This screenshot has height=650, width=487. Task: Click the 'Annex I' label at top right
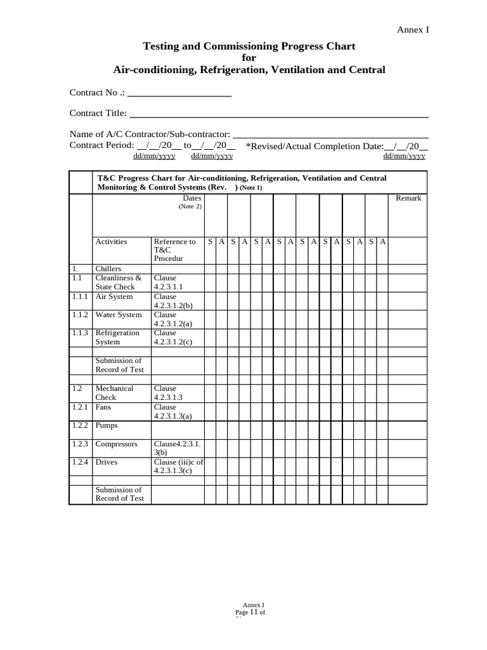tap(413, 29)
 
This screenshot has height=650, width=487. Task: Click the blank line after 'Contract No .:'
tap(179, 93)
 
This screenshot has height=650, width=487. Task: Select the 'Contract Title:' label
tap(98, 114)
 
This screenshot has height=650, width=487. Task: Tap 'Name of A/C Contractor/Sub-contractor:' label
tap(150, 134)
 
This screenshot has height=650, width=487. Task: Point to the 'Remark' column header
tap(408, 198)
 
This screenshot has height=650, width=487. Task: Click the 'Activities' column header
tap(111, 241)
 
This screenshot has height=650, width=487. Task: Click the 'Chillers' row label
tap(108, 269)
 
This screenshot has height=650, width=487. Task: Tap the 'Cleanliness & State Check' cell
tap(118, 282)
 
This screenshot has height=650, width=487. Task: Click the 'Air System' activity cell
tap(114, 296)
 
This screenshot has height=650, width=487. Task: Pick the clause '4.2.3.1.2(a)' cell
tap(174, 319)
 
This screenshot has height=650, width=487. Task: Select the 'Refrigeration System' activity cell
tap(117, 337)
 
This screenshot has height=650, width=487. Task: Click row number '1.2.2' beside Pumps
tap(79, 425)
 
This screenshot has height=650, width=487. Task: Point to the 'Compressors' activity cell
tap(116, 444)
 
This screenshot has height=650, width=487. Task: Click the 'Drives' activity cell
tap(107, 462)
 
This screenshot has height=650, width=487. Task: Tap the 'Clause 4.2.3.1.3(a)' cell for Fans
tap(174, 411)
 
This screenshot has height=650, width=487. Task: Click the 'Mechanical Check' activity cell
tap(114, 392)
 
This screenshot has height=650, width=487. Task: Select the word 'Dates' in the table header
tap(192, 198)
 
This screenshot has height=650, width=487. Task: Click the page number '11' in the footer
tap(254, 613)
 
